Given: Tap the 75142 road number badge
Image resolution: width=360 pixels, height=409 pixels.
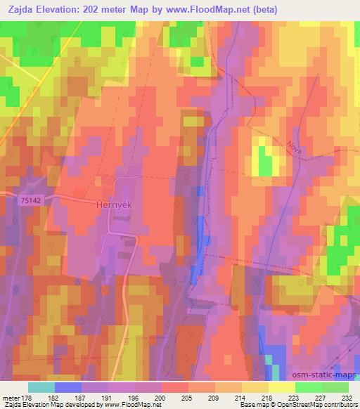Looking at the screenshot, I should [31, 200].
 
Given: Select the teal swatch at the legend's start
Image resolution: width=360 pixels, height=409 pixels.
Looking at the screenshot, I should [41, 387].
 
